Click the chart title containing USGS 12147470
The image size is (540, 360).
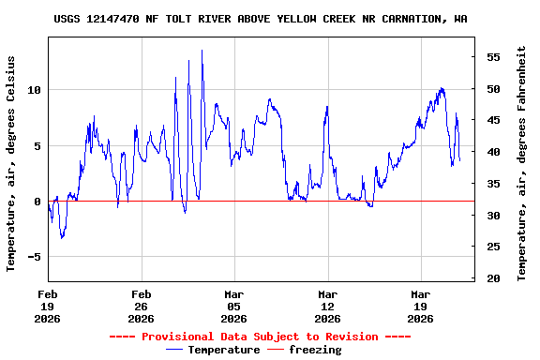point(261,19)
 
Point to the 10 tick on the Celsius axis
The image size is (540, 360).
point(35,90)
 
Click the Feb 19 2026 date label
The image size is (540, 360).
point(48,306)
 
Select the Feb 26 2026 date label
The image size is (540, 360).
point(141,306)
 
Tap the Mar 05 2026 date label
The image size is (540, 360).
point(233,306)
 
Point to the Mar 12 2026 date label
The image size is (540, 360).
point(327,306)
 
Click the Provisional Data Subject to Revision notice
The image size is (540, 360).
point(260,337)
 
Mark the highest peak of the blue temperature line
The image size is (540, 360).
point(202,51)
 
